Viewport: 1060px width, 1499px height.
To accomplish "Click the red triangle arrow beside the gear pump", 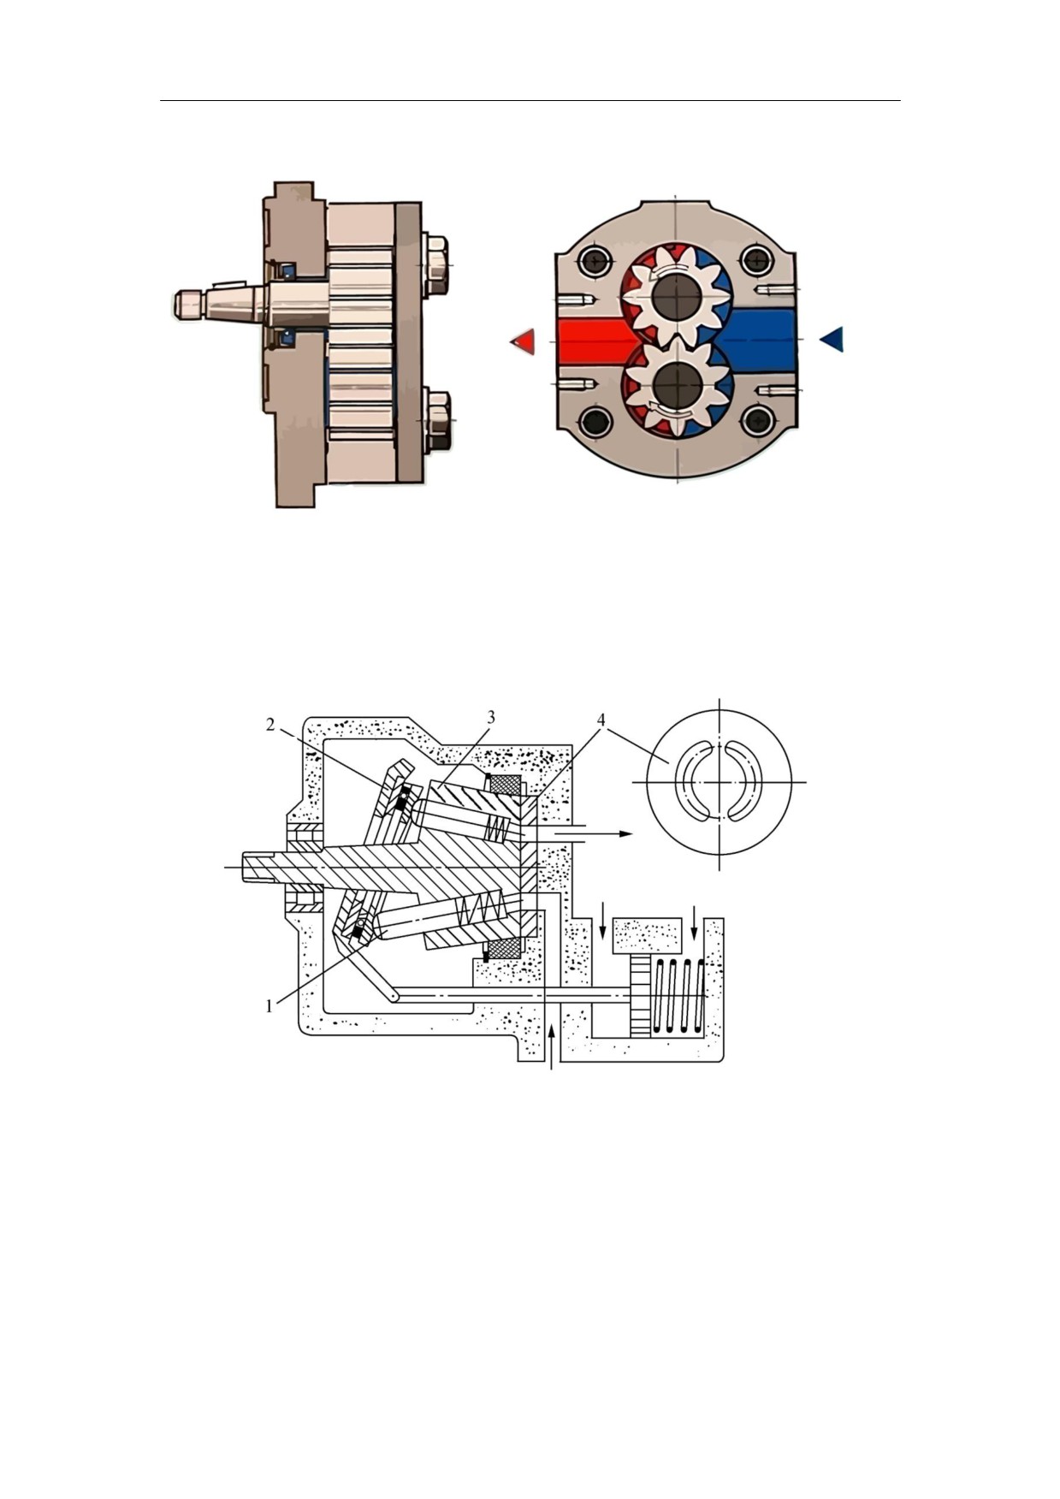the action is click(x=523, y=341).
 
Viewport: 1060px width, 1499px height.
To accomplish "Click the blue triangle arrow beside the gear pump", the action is click(x=832, y=340).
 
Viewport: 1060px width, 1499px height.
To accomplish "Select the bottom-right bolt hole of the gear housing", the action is click(x=758, y=420).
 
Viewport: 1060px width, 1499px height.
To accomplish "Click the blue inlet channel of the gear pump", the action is click(x=758, y=340).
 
